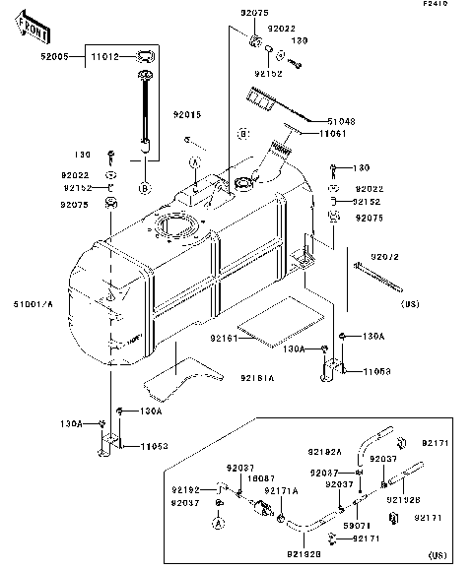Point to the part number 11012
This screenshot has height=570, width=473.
pyautogui.click(x=104, y=58)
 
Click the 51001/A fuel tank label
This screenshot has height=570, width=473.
pyautogui.click(x=34, y=302)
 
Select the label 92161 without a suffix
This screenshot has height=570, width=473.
pyautogui.click(x=224, y=337)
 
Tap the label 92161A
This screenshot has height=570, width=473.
pyautogui.click(x=256, y=377)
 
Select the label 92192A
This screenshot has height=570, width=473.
pyautogui.click(x=323, y=452)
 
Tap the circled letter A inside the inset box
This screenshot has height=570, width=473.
pyautogui.click(x=221, y=523)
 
